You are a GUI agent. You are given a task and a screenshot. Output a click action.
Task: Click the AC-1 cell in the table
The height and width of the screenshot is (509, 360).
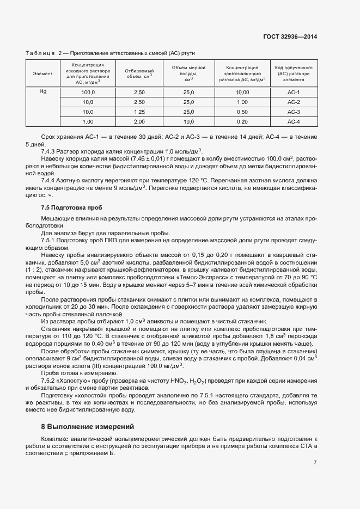[294, 93]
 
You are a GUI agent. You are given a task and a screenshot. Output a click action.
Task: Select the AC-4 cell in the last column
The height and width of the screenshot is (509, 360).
[294, 121]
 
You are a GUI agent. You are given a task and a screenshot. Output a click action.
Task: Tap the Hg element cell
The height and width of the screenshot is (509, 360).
[43, 92]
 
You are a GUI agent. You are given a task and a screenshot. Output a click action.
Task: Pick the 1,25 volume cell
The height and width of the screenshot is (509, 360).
[139, 112]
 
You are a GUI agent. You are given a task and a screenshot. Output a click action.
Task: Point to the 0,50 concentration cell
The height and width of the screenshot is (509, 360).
[242, 112]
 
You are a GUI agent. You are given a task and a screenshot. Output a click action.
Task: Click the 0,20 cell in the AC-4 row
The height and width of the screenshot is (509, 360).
[242, 121]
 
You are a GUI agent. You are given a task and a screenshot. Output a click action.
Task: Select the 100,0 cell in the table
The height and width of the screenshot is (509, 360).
[88, 93]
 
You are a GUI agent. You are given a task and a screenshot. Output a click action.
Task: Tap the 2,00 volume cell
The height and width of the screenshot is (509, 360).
[139, 121]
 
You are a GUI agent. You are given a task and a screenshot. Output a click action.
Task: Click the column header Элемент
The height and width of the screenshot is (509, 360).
[43, 73]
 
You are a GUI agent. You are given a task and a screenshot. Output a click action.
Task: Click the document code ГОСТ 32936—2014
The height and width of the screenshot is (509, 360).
[292, 36]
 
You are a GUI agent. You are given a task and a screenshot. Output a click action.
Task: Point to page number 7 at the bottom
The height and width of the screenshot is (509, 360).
[315, 463]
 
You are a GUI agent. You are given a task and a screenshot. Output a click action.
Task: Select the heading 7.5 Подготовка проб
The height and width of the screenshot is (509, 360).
[71, 208]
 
